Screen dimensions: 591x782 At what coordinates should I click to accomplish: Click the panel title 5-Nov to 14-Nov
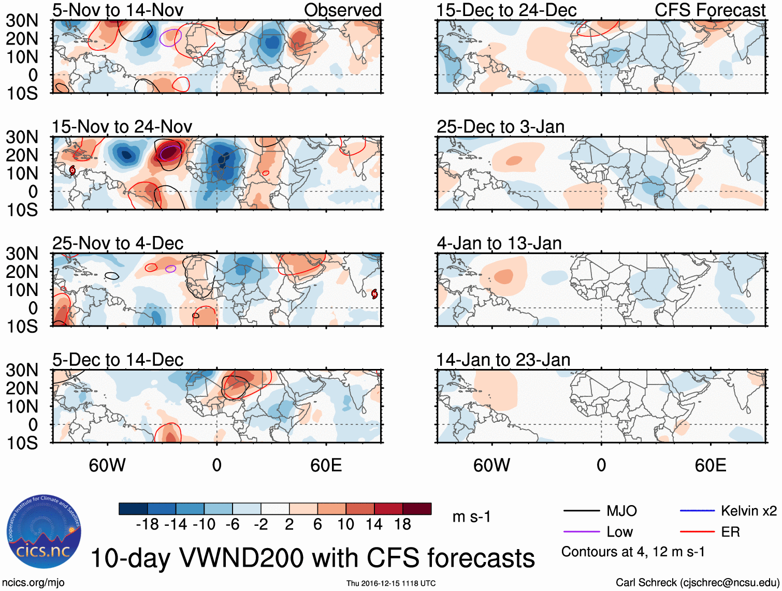pyautogui.click(x=118, y=10)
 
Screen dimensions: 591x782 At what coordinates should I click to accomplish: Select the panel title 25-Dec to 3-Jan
pyautogui.click(x=500, y=127)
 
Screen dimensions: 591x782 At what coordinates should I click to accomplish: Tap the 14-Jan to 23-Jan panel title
pyautogui.click(x=503, y=360)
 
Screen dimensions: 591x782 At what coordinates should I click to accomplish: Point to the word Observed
pyautogui.click(x=342, y=10)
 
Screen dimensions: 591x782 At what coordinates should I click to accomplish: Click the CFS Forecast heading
pyautogui.click(x=709, y=10)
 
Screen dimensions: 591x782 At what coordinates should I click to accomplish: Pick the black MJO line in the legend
pyautogui.click(x=581, y=511)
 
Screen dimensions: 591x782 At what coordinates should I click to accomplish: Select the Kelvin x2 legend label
pyautogui.click(x=748, y=511)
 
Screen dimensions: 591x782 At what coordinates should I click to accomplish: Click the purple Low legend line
pyautogui.click(x=581, y=532)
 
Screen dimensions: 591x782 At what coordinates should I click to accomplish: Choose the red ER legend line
pyautogui.click(x=697, y=532)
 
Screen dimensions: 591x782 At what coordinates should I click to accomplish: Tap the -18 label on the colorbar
pyautogui.click(x=147, y=525)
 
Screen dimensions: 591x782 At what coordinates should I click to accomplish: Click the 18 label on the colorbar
pyautogui.click(x=402, y=525)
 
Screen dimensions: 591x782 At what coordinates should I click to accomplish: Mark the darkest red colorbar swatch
pyautogui.click(x=417, y=509)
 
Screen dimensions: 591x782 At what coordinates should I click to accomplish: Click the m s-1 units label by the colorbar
pyautogui.click(x=471, y=517)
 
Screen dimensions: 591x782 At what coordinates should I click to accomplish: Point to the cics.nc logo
pyautogui.click(x=44, y=532)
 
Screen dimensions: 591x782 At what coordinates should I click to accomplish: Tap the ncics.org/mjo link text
pyautogui.click(x=33, y=583)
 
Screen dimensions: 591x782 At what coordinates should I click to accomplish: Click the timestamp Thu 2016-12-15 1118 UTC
pyautogui.click(x=391, y=583)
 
